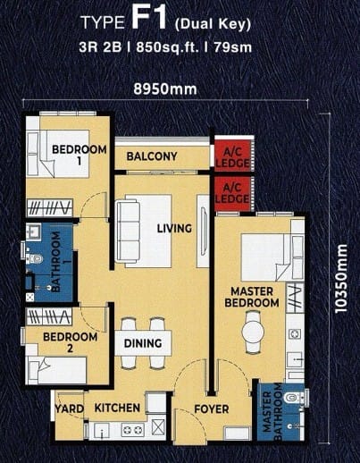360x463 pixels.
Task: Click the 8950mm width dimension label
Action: pyautogui.click(x=165, y=88)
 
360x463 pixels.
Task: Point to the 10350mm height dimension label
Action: pyautogui.click(x=341, y=279)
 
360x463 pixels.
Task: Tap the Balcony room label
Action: pyautogui.click(x=152, y=156)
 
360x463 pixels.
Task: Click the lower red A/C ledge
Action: pyautogui.click(x=232, y=194)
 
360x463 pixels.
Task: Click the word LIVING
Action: pyautogui.click(x=174, y=229)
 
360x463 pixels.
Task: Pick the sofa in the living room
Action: pyautogui.click(x=128, y=231)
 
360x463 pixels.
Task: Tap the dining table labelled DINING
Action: pyautogui.click(x=143, y=342)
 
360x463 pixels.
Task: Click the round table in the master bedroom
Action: pyautogui.click(x=253, y=331)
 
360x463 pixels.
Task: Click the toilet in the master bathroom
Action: pyautogui.click(x=293, y=398)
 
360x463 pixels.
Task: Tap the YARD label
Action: pyautogui.click(x=70, y=408)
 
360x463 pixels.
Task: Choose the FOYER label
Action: pyautogui.click(x=212, y=409)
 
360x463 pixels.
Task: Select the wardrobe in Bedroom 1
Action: pyautogui.click(x=50, y=207)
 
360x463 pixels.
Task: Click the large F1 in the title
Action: pyautogui.click(x=148, y=19)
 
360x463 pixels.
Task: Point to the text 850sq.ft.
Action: pyautogui.click(x=168, y=47)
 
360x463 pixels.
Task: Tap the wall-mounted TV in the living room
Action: pyautogui.click(x=204, y=231)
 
